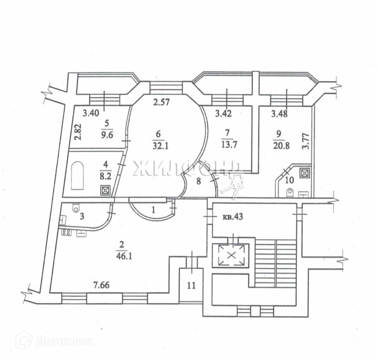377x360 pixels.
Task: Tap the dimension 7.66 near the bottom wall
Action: (101, 285)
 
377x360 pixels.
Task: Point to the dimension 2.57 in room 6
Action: (161, 103)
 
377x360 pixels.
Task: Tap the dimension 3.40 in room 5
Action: (91, 113)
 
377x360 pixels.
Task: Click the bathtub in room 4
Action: (77, 176)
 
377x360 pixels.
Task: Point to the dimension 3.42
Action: (223, 114)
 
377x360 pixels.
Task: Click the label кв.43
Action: (232, 217)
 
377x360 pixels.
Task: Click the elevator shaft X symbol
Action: (231, 256)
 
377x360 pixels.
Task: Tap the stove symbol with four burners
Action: (65, 233)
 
